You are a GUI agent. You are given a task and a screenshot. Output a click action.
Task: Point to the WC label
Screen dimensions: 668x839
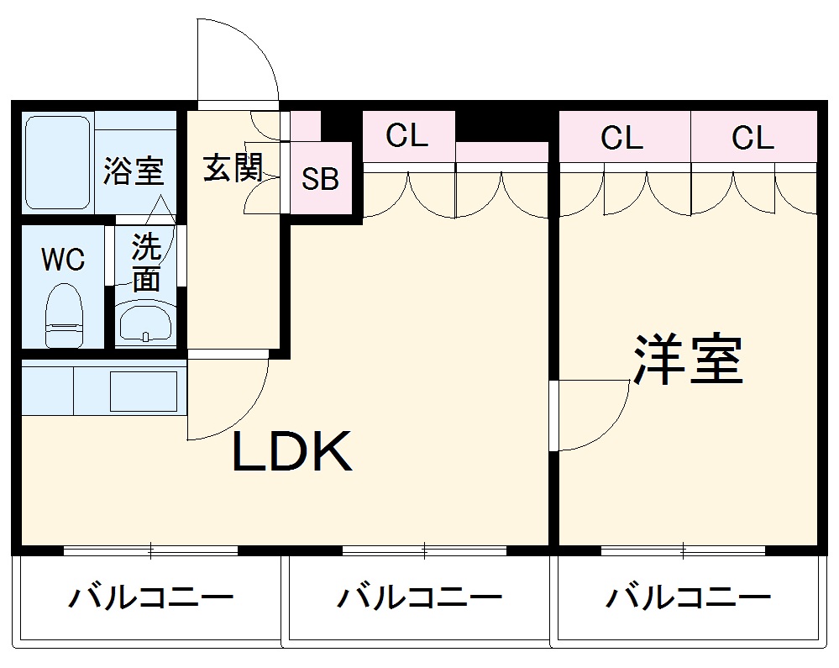64,260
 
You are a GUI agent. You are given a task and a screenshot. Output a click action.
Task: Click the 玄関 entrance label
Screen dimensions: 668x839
232,169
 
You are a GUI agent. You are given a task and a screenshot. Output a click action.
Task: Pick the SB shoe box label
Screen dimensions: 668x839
320,179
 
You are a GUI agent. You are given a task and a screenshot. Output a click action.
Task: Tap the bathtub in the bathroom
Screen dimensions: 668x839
57,162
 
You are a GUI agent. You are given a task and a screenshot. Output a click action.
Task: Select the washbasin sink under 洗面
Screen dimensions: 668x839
145,323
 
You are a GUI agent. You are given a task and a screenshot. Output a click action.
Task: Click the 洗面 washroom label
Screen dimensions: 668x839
146,263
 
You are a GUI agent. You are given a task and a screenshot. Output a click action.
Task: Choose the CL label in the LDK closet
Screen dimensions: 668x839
407,135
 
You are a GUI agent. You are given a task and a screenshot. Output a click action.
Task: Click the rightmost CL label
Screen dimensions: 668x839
752,138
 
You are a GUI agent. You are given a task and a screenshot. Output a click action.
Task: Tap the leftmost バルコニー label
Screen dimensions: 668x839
150,599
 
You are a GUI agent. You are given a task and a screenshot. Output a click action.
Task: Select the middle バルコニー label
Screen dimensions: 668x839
420,599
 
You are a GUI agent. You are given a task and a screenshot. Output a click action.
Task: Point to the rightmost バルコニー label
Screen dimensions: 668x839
689,599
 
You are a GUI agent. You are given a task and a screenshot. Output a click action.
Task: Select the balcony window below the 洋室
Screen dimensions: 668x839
683,551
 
